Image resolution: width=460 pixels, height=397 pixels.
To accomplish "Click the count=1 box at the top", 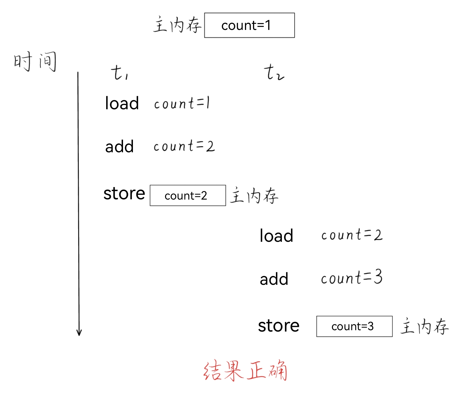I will click(x=249, y=25).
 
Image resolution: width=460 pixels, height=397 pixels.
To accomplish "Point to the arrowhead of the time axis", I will click(x=79, y=333).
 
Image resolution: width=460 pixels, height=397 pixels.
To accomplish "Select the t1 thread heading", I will click(x=120, y=73).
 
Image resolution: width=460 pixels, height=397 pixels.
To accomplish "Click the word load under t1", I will click(x=122, y=103).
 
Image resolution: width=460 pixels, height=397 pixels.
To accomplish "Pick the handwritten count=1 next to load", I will click(x=182, y=103).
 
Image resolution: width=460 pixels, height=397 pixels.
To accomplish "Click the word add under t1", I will click(x=119, y=146).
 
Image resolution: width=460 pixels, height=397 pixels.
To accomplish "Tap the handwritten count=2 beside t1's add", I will click(x=184, y=146).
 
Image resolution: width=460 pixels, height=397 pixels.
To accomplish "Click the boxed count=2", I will click(x=187, y=196).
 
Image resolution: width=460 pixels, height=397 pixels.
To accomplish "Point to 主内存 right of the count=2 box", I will click(x=254, y=195).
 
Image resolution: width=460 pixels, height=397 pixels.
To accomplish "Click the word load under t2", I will click(x=276, y=236).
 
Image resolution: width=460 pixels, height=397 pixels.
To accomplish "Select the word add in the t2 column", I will click(x=274, y=279).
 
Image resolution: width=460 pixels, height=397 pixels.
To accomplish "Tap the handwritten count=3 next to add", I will click(x=352, y=277).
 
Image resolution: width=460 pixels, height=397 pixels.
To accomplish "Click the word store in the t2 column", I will click(x=279, y=326).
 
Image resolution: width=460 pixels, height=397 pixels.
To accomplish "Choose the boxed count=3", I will click(x=354, y=326).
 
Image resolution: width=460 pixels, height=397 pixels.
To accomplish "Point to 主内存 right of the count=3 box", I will click(x=424, y=326).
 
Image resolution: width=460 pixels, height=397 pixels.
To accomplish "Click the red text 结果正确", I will click(x=245, y=371).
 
